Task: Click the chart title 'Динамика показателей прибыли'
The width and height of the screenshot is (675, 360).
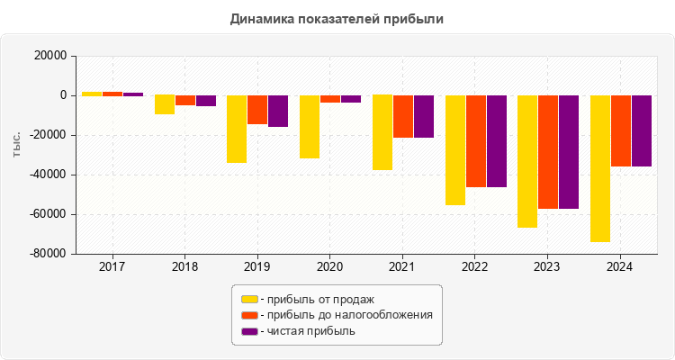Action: pos(337,18)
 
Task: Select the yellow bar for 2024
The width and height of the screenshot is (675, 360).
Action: pos(600,168)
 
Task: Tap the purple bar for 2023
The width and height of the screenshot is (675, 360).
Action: pos(569,152)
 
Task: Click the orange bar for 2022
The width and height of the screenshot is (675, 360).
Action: pos(475,141)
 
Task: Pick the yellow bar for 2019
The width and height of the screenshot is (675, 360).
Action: pos(237,129)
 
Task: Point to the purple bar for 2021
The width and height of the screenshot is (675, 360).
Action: pos(423,116)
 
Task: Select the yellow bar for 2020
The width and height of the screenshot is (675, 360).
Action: pos(310,127)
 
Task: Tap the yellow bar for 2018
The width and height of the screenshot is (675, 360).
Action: pos(165,104)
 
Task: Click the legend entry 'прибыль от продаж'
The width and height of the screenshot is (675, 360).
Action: pos(316,299)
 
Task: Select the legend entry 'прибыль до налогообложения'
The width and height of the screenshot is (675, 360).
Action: pos(346,315)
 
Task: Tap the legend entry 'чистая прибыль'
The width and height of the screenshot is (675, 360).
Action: pos(307,331)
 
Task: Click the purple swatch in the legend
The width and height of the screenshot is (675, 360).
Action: pos(249,331)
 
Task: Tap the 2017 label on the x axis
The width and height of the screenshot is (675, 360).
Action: pos(112,267)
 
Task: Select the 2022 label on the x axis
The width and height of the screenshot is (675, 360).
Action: pos(474,267)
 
